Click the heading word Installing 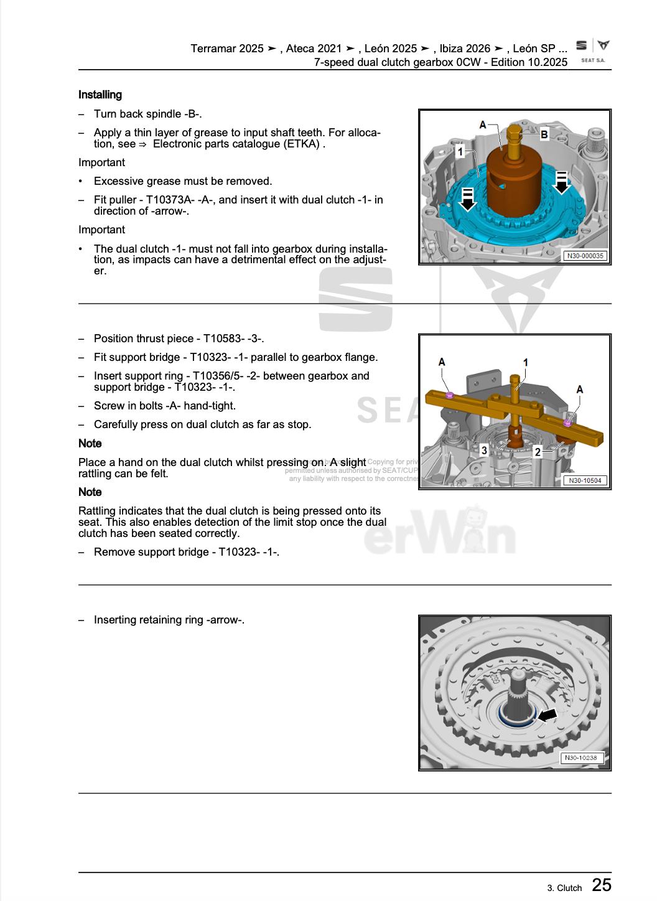(x=100, y=95)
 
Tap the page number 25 (x=601, y=885)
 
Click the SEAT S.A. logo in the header (x=592, y=50)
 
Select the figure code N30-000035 (x=585, y=256)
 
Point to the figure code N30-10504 (x=585, y=480)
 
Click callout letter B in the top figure (x=544, y=134)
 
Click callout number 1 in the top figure (x=460, y=151)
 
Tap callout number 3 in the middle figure (x=485, y=450)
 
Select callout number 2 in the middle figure (x=538, y=452)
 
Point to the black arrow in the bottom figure (x=547, y=716)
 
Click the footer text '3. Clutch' (x=564, y=888)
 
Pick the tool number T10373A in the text (x=169, y=200)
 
